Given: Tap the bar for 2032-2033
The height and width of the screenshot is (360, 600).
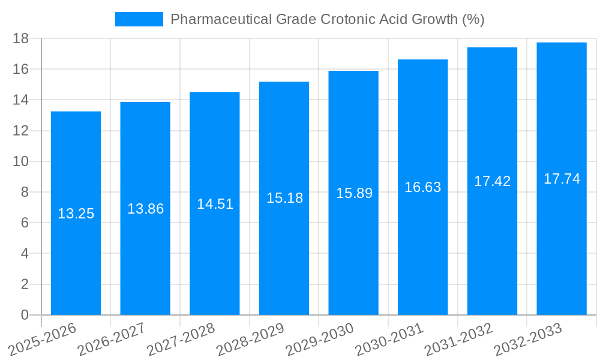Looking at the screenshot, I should click(x=562, y=240).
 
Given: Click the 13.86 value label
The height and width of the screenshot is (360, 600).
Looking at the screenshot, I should click(x=145, y=209).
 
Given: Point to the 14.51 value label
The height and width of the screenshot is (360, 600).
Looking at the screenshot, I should click(x=215, y=204).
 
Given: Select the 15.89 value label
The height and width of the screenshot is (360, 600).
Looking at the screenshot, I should click(x=354, y=193).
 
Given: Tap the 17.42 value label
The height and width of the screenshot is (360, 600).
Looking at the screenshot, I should click(x=492, y=181).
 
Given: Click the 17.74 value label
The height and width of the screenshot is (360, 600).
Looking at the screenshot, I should click(x=562, y=179).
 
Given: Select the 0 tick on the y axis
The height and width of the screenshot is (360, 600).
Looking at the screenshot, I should click(x=25, y=315).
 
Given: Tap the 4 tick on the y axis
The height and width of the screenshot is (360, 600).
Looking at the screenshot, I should click(x=25, y=254).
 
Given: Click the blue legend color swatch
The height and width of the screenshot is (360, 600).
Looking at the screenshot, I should click(x=139, y=19).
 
